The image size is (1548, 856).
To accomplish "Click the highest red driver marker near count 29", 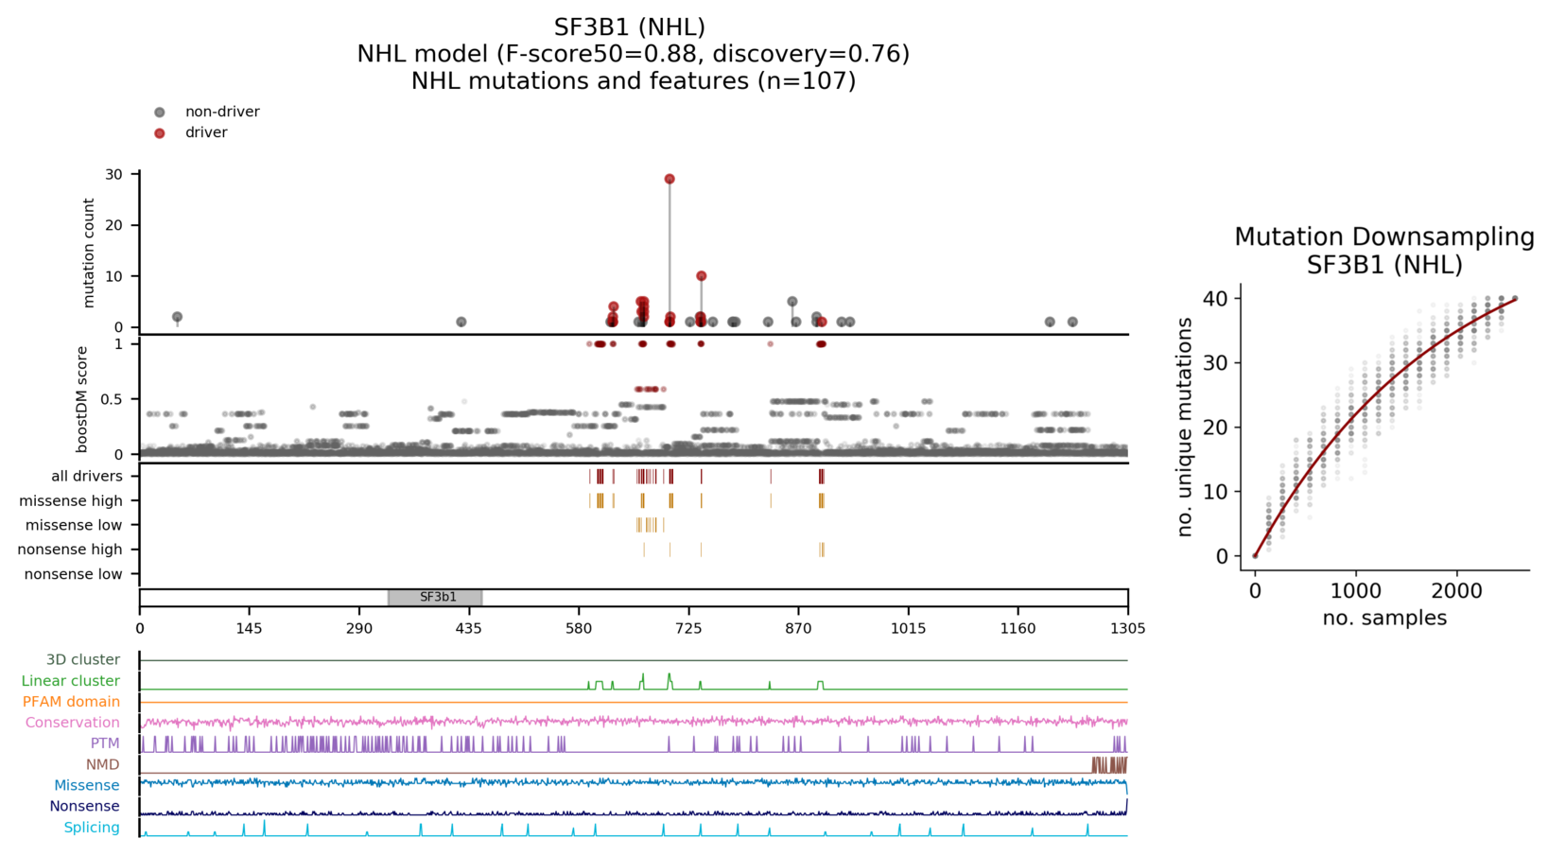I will tap(670, 179).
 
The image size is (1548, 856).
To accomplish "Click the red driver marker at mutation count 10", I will tap(701, 276).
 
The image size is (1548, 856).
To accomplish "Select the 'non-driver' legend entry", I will tap(221, 112).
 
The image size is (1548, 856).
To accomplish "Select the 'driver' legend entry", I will tap(205, 132).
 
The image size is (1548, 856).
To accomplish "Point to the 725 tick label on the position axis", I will tap(688, 628).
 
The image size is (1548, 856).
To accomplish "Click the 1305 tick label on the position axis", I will tap(1127, 628).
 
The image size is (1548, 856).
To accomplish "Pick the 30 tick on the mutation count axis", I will tap(114, 174).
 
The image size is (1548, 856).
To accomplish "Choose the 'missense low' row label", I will tap(74, 525).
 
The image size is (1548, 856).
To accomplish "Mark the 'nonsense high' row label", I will tap(70, 550).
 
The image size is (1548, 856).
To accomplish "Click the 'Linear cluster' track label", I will tap(71, 681).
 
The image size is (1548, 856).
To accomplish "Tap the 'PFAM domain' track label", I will tap(71, 702).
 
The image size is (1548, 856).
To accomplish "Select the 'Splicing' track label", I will tap(92, 828).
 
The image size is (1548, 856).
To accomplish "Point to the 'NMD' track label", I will tap(102, 764).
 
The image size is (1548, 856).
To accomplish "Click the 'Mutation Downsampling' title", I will tap(1383, 236).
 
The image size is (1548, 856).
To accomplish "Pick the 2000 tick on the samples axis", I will tap(1456, 591).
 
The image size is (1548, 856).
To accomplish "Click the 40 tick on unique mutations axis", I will tap(1215, 299).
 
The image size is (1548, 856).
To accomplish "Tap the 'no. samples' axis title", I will tap(1383, 618).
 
